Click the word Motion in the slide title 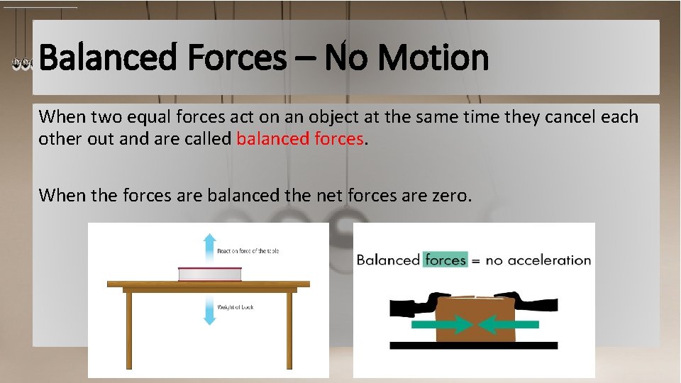coord(433,58)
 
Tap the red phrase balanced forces coord(300,138)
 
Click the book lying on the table coord(209,274)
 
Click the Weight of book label coord(236,306)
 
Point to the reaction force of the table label coord(242,251)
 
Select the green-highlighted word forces coord(445,260)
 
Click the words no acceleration coord(538,260)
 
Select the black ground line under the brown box coord(474,345)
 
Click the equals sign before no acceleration coord(476,261)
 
